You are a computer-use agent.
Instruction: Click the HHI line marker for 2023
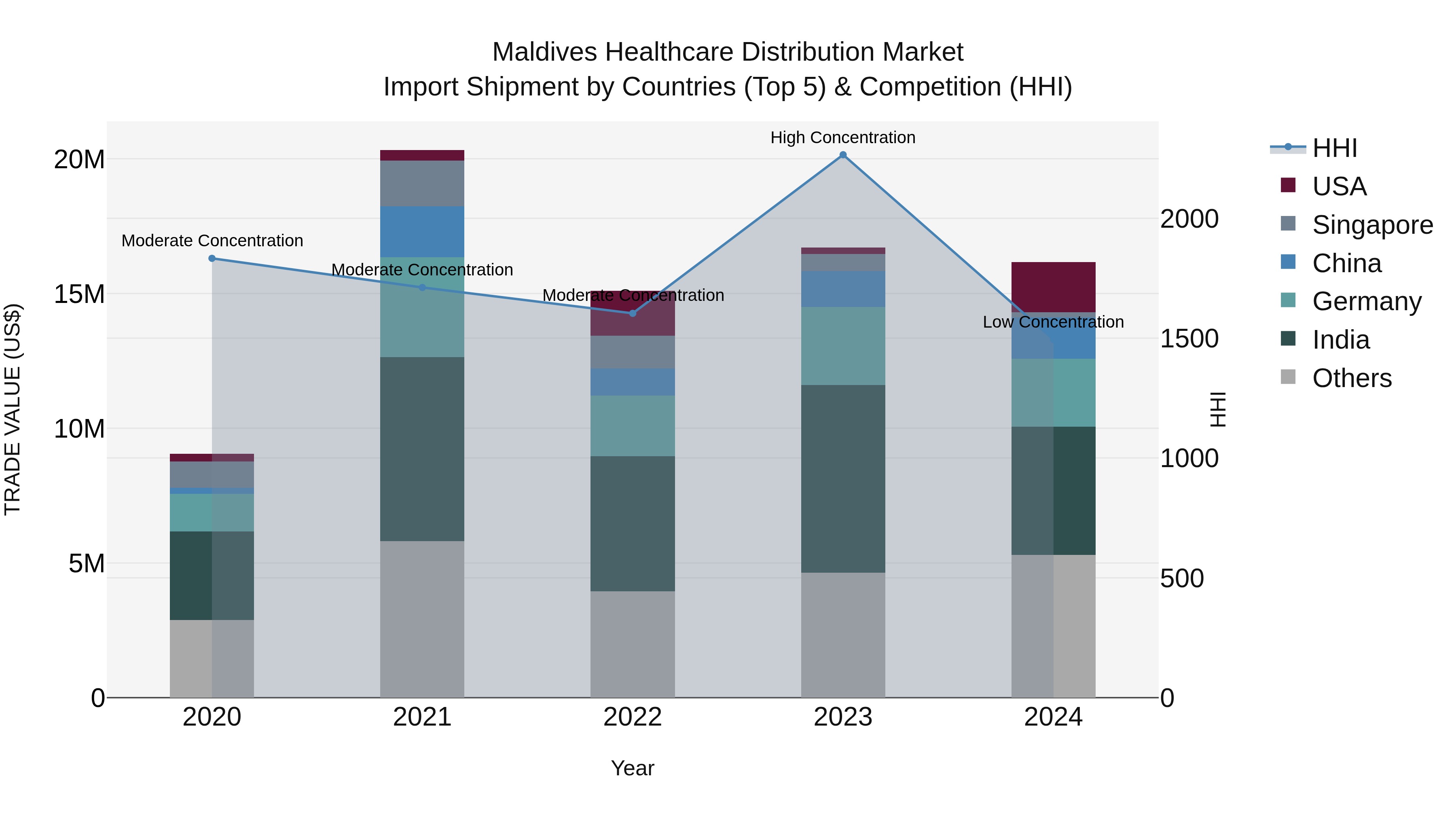[843, 155]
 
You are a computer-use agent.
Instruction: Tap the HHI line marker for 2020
[212, 258]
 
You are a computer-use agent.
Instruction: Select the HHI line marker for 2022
[633, 313]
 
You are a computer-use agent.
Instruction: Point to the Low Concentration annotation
[1053, 322]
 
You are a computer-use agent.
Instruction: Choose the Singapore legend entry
[1372, 225]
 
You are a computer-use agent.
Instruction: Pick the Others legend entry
[1351, 378]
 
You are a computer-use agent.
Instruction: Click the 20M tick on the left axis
[79, 160]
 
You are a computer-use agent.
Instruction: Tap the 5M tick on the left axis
[87, 563]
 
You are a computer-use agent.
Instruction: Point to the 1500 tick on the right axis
[1189, 339]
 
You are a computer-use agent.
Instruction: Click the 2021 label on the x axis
[422, 717]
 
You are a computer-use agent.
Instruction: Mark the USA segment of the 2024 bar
[1053, 287]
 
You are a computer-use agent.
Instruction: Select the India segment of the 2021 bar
[422, 449]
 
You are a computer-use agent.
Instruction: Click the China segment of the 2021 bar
[422, 232]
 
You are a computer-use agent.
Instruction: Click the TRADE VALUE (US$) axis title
[13, 409]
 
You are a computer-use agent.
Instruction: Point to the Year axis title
[633, 768]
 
